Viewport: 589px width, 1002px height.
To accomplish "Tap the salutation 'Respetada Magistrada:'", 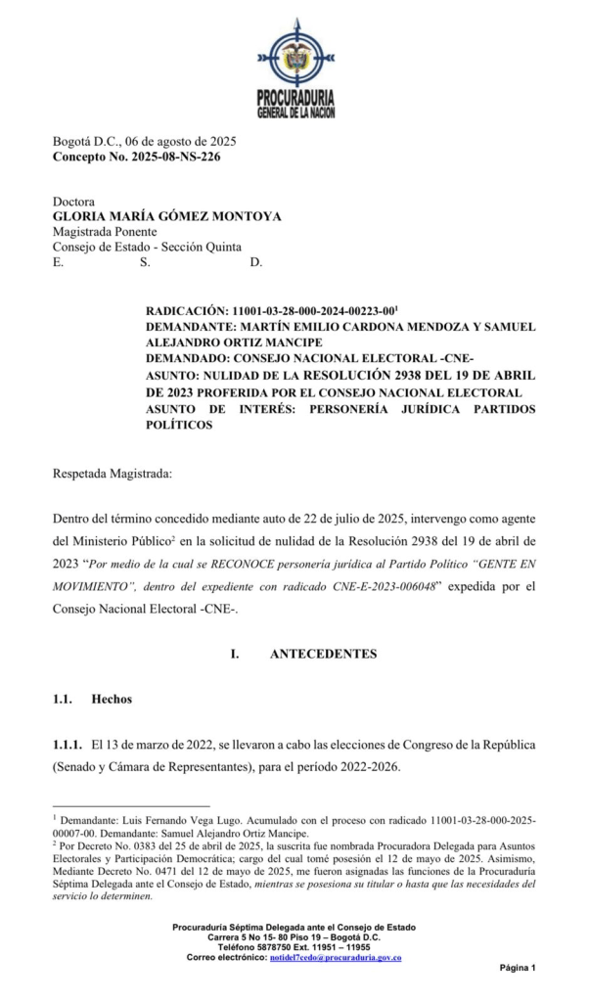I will [112, 475].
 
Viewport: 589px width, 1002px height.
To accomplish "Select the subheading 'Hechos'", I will [112, 700].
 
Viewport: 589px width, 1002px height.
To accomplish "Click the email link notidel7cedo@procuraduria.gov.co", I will [335, 957].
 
